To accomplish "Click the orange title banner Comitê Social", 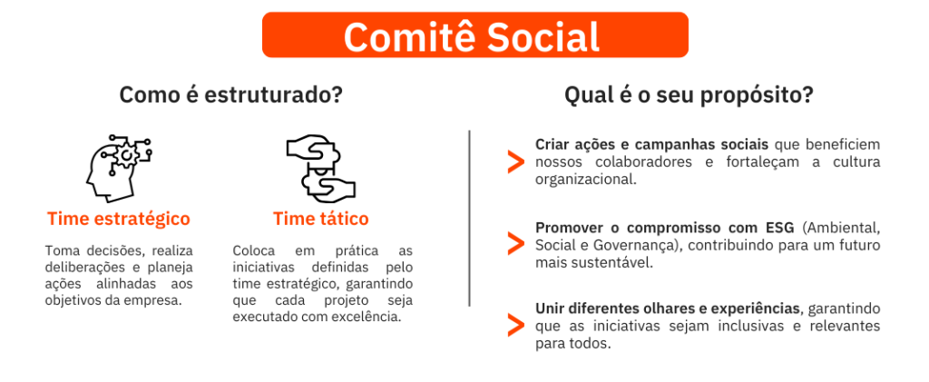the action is tap(475, 35).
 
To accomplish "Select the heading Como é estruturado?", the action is tap(231, 95).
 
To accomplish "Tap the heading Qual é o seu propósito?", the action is tap(689, 95).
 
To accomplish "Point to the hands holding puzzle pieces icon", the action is tap(320, 170).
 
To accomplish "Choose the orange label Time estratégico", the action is tap(119, 220).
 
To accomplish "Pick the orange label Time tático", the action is tap(320, 220).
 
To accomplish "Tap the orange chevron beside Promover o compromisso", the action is tap(515, 244).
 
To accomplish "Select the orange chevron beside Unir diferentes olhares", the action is tap(515, 326).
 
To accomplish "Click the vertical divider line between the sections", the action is tap(469, 219).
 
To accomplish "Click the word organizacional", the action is tap(585, 180).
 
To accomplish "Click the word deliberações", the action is tap(83, 268).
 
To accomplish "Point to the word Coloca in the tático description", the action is tap(254, 250).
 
